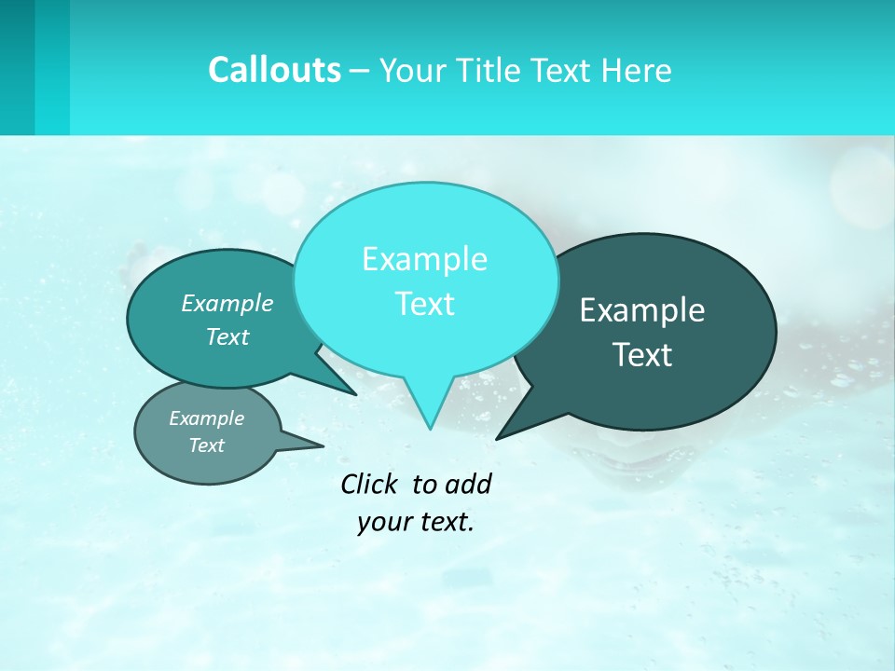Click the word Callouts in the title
pyautogui.click(x=274, y=70)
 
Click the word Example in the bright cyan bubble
pyautogui.click(x=424, y=259)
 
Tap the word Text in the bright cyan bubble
pyautogui.click(x=424, y=304)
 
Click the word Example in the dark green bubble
pyautogui.click(x=642, y=310)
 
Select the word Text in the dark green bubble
pyautogui.click(x=642, y=355)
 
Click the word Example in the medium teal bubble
pyautogui.click(x=227, y=303)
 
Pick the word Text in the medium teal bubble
pyautogui.click(x=227, y=336)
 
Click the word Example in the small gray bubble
pyautogui.click(x=206, y=418)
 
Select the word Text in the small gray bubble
pyautogui.click(x=206, y=445)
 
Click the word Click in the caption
pyautogui.click(x=369, y=484)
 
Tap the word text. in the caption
pyautogui.click(x=444, y=522)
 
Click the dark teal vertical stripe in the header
pyautogui.click(x=18, y=67)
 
